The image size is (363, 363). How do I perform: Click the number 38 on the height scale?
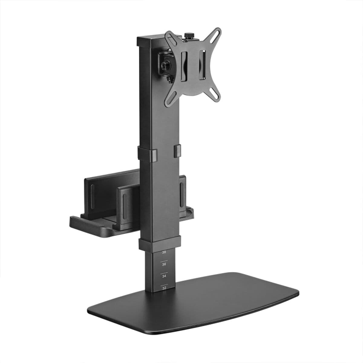164,252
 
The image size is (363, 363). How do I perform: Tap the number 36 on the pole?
164,264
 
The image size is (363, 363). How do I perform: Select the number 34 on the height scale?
164,276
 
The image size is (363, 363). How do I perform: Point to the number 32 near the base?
164,288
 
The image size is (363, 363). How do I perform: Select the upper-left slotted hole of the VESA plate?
168,37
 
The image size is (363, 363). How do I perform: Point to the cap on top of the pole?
150,42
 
